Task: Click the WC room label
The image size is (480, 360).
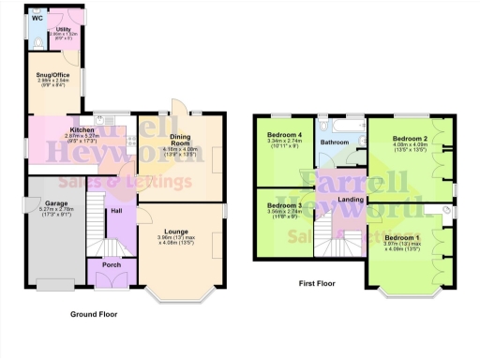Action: point(37,19)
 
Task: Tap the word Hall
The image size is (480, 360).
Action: point(116,211)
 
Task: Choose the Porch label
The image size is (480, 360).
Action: point(111,264)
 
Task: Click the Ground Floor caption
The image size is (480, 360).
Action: point(94,315)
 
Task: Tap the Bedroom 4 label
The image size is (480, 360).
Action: point(284,135)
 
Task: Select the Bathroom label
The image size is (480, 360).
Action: point(335,142)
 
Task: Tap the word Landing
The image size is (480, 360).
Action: point(351,200)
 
